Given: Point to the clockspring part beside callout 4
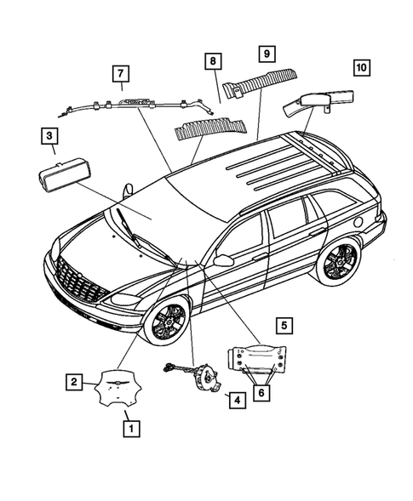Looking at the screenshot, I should pos(203,377).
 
